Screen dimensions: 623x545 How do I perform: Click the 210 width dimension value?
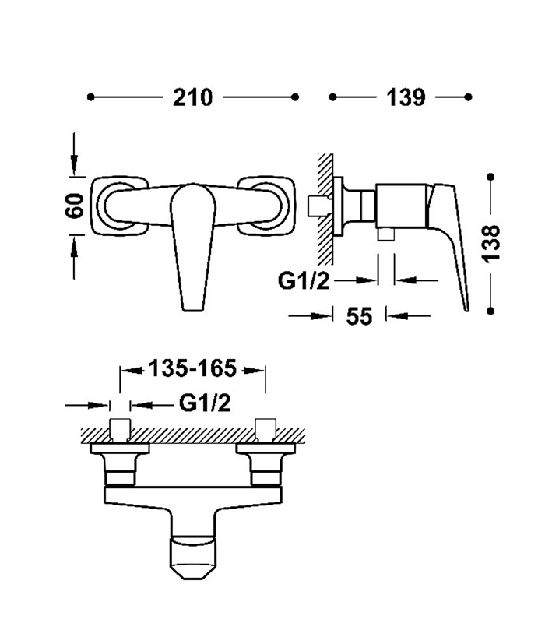193,97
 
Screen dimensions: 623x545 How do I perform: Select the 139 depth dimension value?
405,97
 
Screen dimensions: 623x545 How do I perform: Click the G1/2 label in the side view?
304,280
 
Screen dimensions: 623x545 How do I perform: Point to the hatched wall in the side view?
325,206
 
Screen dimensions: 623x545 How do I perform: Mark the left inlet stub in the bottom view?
119,430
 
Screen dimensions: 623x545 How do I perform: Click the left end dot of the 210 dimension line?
91,97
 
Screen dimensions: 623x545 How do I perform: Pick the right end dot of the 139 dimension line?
469,97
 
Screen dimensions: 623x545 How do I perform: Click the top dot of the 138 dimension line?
490,177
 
